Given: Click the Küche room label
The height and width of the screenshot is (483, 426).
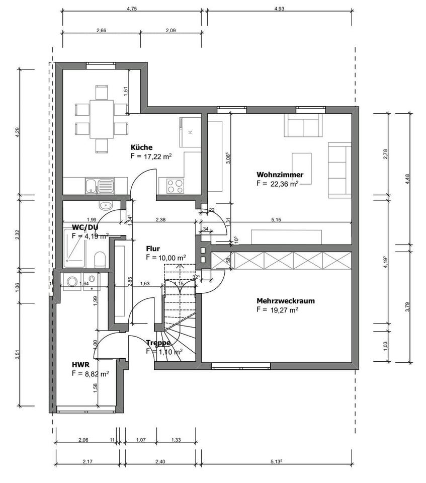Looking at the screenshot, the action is click(141, 147).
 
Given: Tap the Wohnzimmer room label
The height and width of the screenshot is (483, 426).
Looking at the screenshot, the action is click(280, 175).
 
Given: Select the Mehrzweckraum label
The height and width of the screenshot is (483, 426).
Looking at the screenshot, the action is click(285, 301).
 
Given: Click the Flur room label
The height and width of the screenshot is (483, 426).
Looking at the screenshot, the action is click(152, 249).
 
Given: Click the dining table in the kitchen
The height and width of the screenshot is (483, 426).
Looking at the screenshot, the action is click(102, 119).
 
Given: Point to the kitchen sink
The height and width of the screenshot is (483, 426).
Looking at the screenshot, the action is click(99, 186).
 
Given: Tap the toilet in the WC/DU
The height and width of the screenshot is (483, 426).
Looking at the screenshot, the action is click(100, 260).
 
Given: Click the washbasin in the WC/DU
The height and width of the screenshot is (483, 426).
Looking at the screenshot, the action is click(106, 205).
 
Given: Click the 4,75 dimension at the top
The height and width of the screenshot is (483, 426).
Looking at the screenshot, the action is click(132, 9).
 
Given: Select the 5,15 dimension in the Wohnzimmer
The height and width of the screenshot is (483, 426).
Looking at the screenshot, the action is click(276, 219).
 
